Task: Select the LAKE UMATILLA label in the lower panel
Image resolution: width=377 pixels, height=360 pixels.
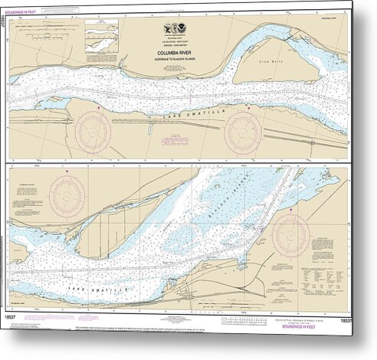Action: (85, 284)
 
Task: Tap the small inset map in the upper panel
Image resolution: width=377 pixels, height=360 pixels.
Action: (102, 31)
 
